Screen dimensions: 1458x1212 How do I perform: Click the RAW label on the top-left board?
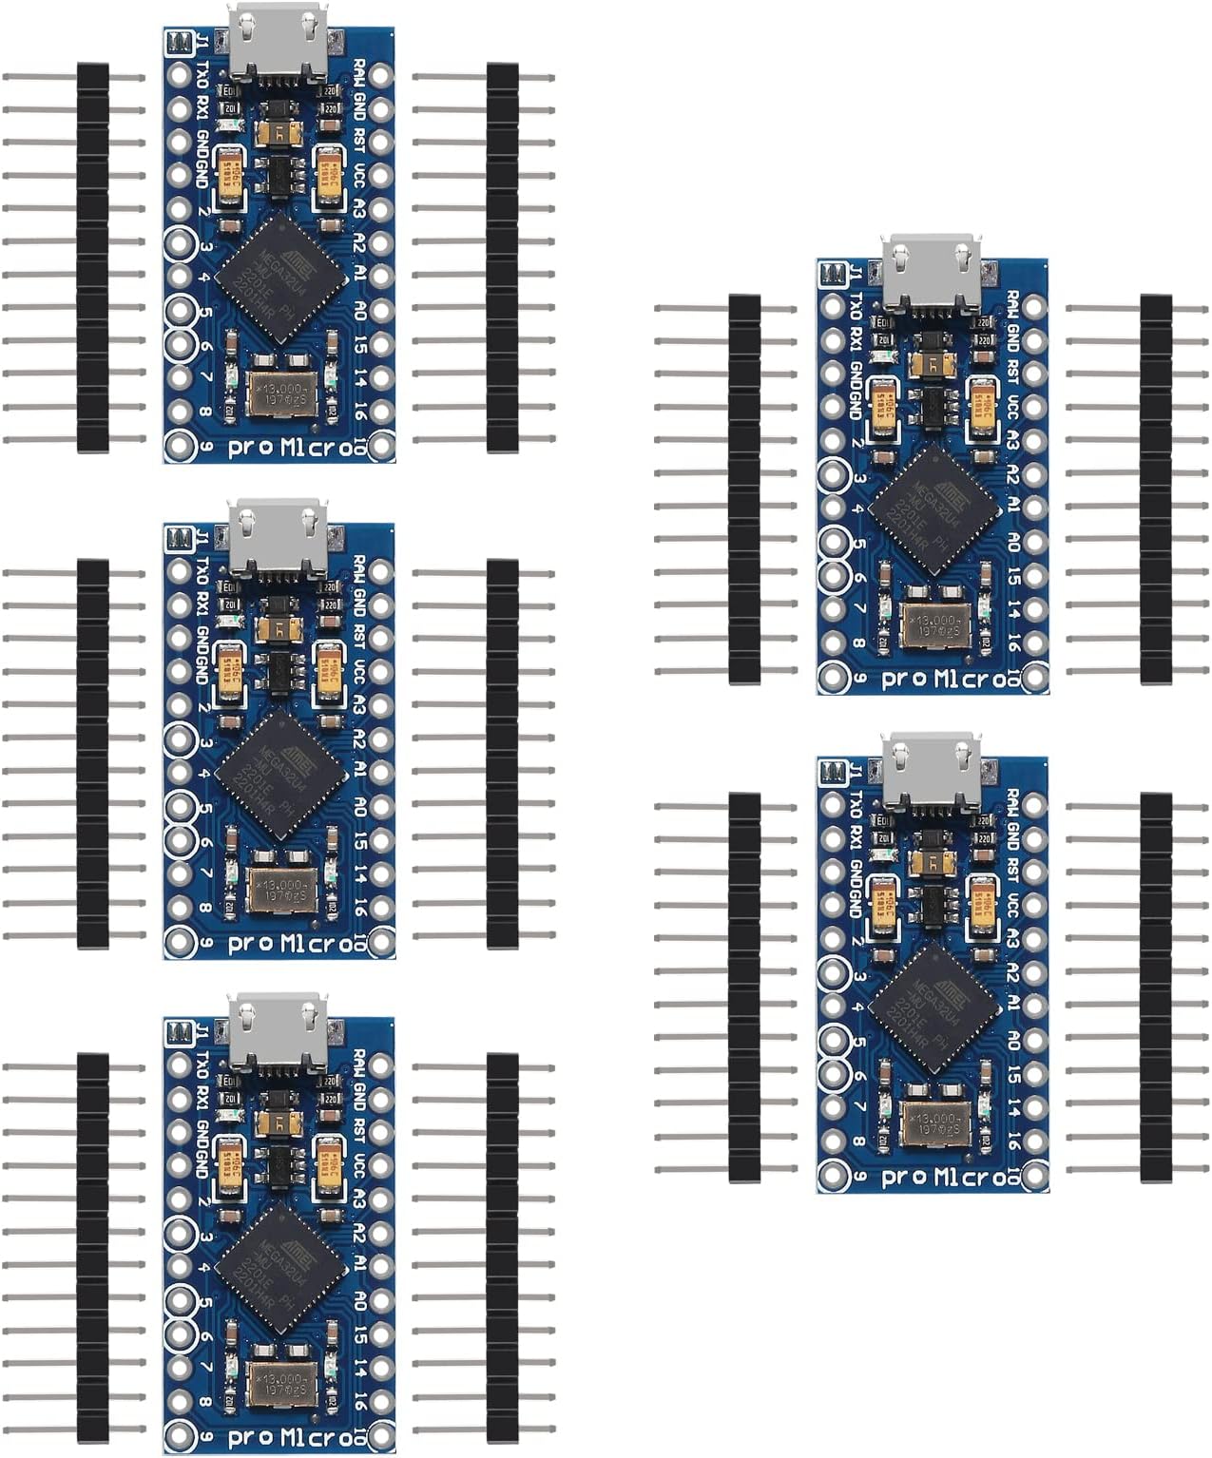tap(359, 73)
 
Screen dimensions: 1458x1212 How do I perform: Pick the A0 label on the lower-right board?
tap(1012, 1039)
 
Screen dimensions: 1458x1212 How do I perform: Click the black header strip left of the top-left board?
tap(92, 258)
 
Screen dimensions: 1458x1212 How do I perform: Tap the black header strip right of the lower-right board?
tap(1155, 988)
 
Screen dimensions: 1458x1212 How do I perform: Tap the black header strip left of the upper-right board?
tap(744, 489)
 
